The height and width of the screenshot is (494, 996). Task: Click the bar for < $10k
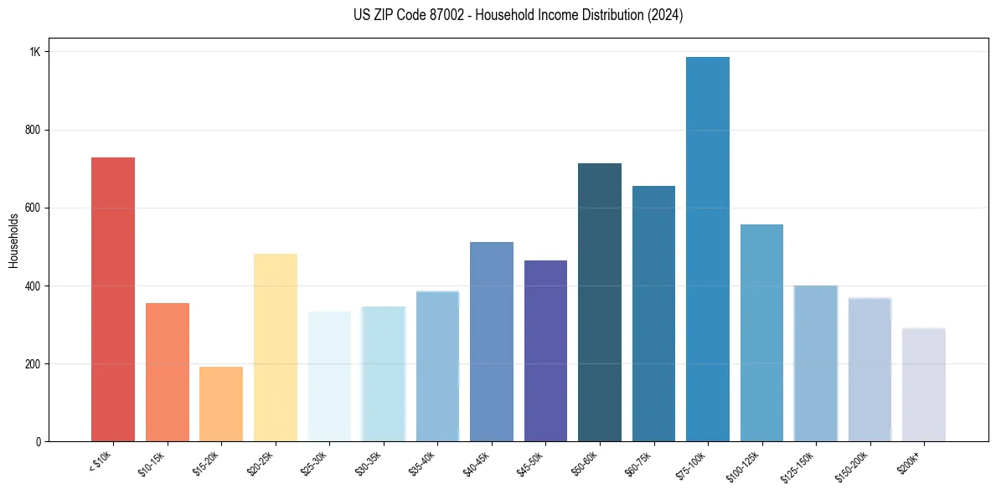pyautogui.click(x=113, y=299)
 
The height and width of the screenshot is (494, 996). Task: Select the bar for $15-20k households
pyautogui.click(x=221, y=404)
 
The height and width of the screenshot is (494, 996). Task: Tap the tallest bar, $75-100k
pyautogui.click(x=708, y=249)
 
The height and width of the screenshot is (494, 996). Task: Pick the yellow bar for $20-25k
pyautogui.click(x=276, y=347)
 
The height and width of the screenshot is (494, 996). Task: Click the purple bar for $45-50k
pyautogui.click(x=545, y=351)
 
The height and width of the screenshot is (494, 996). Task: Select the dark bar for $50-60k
pyautogui.click(x=600, y=302)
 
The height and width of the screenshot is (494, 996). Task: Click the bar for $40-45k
pyautogui.click(x=492, y=342)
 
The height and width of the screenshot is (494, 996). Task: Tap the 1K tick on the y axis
pyautogui.click(x=35, y=52)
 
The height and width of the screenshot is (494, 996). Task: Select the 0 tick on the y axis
pyautogui.click(x=39, y=442)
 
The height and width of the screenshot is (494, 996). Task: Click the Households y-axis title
pyautogui.click(x=13, y=240)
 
